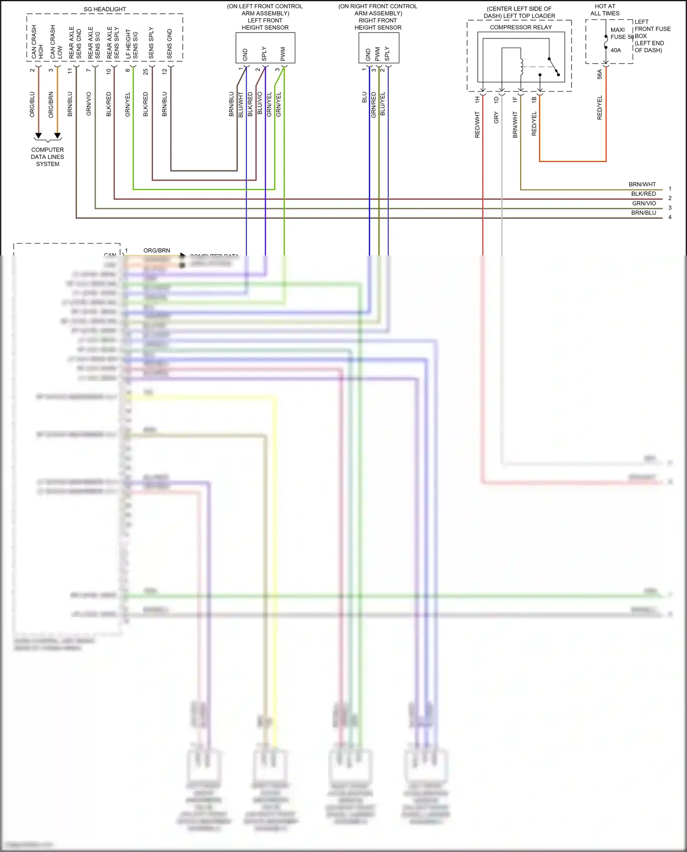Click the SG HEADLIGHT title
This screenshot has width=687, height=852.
104,9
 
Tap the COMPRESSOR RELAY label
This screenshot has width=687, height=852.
521,27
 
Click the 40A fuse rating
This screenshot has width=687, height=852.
616,50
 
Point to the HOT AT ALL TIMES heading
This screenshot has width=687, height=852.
605,10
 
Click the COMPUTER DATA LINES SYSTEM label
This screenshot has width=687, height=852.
48,157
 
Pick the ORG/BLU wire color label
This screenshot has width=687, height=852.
32,104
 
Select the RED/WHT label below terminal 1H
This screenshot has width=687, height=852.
477,125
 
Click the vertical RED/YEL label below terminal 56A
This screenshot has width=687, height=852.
600,108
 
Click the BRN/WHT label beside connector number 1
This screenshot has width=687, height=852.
642,185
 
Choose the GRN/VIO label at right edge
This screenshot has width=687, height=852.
644,203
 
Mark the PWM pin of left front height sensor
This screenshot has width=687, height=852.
283,54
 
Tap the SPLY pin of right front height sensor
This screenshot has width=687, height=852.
387,54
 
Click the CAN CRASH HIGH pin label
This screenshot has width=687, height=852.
37,42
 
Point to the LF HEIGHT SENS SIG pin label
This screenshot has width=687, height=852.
132,44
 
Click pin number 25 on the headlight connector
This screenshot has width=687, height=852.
146,72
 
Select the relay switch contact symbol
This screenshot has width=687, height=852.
553,66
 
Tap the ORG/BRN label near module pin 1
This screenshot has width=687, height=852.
157,250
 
